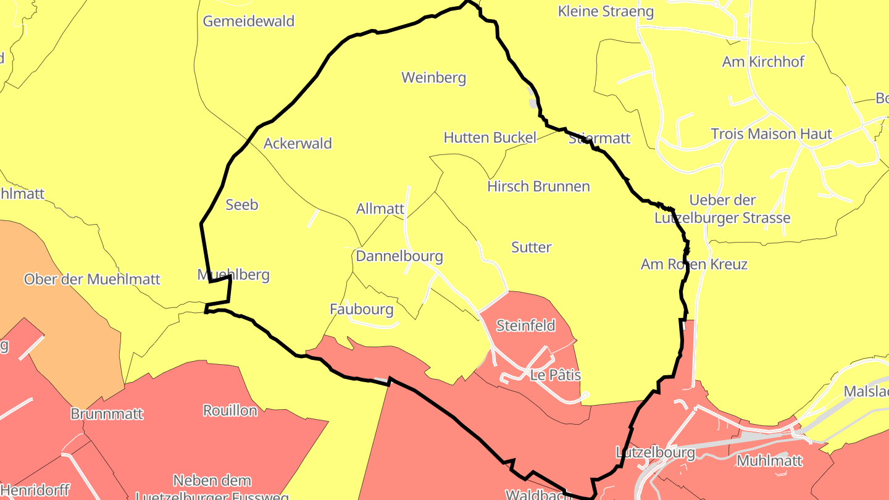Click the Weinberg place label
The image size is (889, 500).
(433, 78)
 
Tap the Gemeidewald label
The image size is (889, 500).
(248, 21)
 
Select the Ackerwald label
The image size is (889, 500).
(298, 143)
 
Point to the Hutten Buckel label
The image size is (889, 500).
(490, 137)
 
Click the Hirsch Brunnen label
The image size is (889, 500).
(538, 186)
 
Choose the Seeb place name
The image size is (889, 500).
(241, 204)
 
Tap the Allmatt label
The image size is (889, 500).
(380, 209)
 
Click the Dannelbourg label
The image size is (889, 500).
(399, 256)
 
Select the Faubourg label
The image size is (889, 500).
(361, 309)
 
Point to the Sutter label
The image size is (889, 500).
(531, 247)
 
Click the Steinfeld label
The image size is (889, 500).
(525, 325)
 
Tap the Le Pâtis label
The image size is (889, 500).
(555, 375)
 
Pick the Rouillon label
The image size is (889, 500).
(230, 410)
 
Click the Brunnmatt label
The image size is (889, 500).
(107, 414)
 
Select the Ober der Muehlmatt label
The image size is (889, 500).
(92, 279)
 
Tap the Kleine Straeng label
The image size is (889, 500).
(605, 11)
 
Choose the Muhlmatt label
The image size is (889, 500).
(769, 460)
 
